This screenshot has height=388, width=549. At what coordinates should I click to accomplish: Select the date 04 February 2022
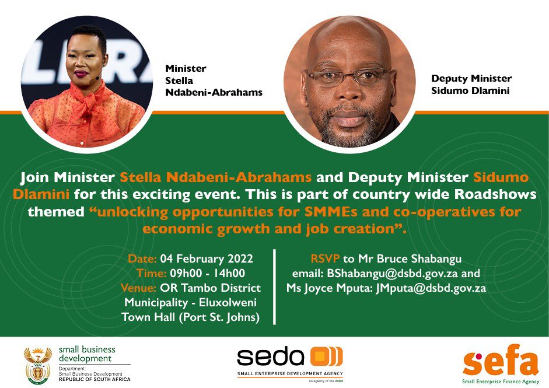click(207, 258)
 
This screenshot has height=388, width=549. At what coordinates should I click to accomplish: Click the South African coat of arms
click(37, 364)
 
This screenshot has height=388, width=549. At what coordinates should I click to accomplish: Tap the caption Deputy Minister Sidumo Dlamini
click(471, 84)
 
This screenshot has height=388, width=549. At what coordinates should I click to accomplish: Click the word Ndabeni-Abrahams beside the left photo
click(214, 92)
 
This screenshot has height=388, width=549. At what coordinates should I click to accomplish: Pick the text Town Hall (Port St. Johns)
click(191, 317)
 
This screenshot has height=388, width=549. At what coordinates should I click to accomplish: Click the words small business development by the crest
click(87, 354)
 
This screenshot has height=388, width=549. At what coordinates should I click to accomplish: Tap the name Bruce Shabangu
click(419, 258)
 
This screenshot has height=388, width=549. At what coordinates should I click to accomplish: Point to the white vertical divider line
click(274, 286)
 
